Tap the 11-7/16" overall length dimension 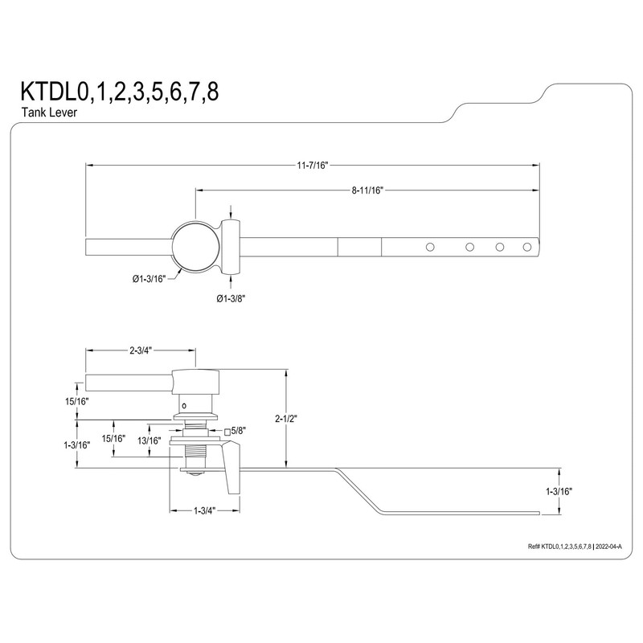pos(312,165)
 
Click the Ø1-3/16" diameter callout pos(148,279)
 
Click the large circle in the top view pos(195,247)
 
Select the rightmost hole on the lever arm pos(528,247)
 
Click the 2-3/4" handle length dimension pos(141,350)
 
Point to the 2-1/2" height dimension pos(287,418)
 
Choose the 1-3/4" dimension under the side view pos(204,509)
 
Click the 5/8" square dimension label pos(240,431)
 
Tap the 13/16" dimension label pos(150,440)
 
